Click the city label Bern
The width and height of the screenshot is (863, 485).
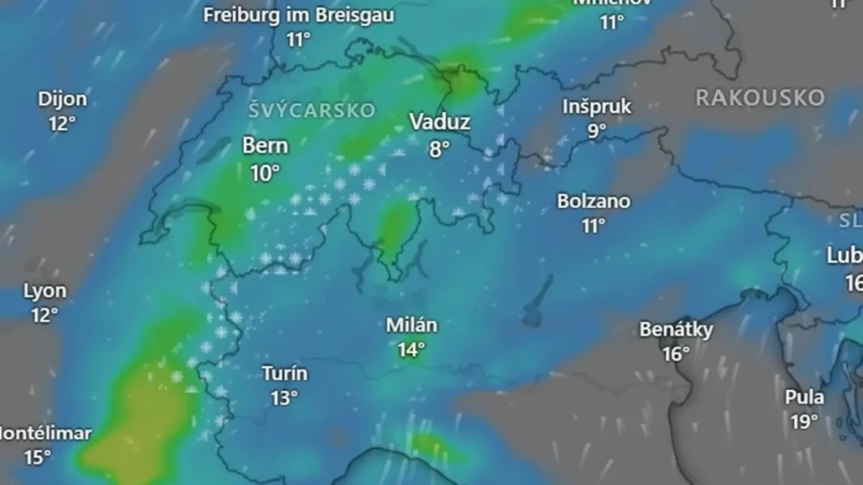[x=265, y=146]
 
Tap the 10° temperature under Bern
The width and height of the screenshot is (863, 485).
[x=265, y=172]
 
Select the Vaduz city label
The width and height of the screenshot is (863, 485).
[x=439, y=122]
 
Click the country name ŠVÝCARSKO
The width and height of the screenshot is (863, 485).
[x=313, y=110]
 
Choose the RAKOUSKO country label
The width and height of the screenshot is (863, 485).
[x=759, y=98]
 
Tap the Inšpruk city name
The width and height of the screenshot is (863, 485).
[x=597, y=107]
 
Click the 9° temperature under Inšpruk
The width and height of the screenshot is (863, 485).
[x=597, y=131]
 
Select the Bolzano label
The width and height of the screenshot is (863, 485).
[x=594, y=201]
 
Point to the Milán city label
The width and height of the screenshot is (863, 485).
[x=411, y=325]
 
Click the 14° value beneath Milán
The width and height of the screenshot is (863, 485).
[x=411, y=350]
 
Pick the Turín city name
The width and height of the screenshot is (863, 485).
[x=285, y=374]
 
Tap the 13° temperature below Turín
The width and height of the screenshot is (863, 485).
[x=285, y=398]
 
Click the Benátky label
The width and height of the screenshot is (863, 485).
[x=677, y=330]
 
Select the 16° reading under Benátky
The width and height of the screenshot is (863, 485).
[x=676, y=354]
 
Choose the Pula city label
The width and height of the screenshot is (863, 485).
[x=805, y=397]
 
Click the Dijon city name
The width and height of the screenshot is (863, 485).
[x=63, y=99]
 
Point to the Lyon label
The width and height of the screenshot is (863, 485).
[x=45, y=291]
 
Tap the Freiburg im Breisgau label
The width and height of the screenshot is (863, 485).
[x=298, y=16]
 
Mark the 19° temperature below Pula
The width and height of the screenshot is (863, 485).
[x=805, y=422]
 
